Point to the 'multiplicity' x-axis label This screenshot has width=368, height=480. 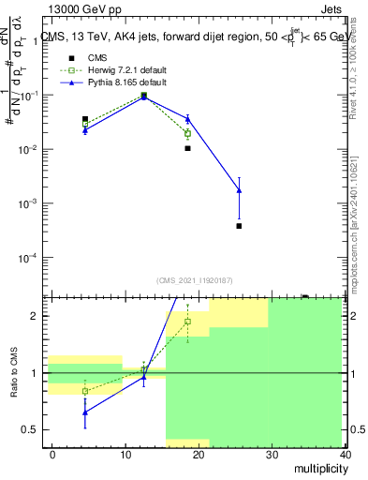pos(316,470)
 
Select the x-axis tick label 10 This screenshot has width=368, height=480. pos(124,453)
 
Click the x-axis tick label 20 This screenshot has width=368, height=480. pos(199,453)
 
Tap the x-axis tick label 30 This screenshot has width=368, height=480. pos(272,453)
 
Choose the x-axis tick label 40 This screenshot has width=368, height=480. pos(346,453)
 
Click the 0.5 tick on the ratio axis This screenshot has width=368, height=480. pos(33,430)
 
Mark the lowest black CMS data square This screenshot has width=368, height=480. pos(240,226)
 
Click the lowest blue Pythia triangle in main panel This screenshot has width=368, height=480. pos(240,190)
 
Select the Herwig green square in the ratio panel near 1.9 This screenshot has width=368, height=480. pos(188,322)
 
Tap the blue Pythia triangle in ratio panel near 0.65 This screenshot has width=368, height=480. pos(85,412)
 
